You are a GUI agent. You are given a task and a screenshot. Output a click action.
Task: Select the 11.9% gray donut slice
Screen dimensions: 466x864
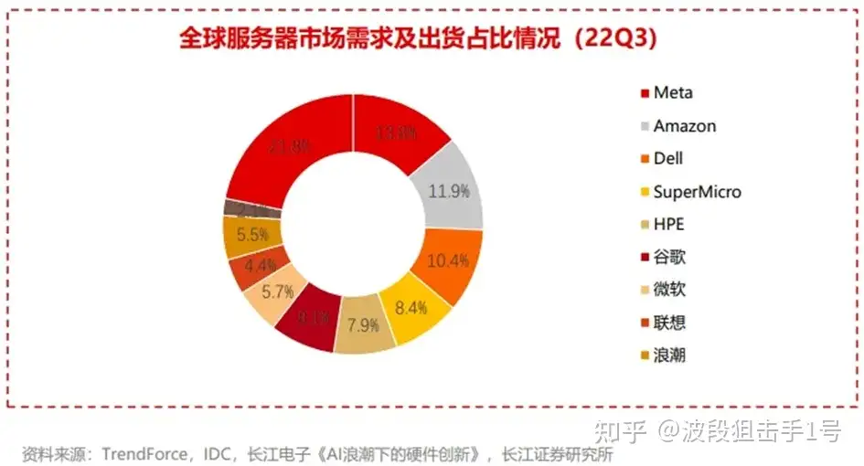tap(450, 191)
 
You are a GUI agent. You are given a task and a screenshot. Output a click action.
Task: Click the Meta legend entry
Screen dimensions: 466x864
tap(672, 92)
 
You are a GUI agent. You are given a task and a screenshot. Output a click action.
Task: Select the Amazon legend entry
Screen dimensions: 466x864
tap(684, 126)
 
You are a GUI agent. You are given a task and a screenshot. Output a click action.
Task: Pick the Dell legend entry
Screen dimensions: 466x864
tap(668, 159)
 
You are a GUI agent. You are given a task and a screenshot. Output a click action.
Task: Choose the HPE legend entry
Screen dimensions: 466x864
tap(668, 225)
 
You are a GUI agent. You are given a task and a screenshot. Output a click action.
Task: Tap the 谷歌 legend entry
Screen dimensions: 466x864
tap(669, 258)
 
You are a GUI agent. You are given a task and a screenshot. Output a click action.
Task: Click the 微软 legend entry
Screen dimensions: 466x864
tap(669, 291)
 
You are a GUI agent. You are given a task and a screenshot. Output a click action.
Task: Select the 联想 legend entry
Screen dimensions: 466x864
tap(669, 323)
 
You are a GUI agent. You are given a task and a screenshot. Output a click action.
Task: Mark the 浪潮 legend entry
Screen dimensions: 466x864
tap(669, 356)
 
